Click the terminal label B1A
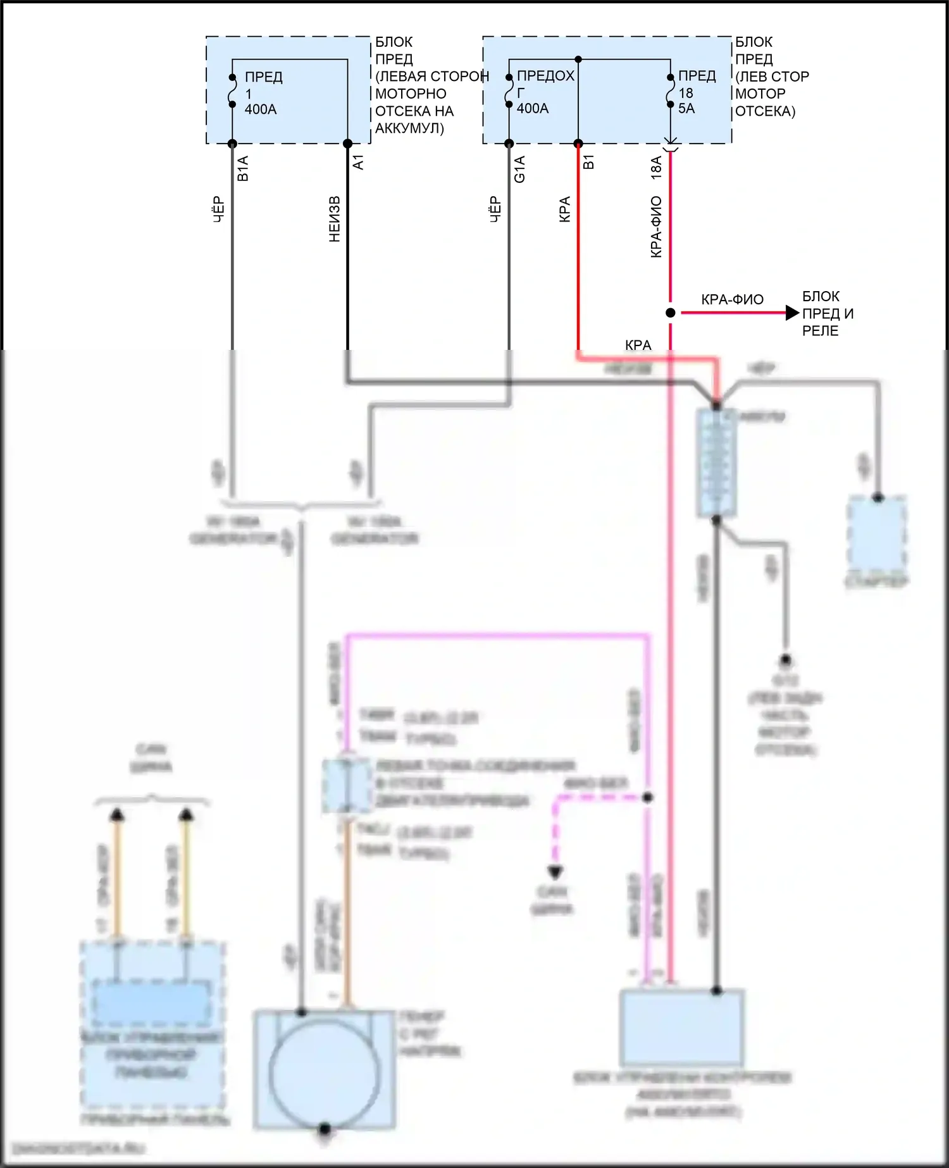point(243,168)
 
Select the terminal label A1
point(358,162)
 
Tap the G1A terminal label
point(520,170)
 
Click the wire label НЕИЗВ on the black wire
point(335,219)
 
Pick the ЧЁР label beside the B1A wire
point(218,209)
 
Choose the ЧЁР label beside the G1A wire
point(495,209)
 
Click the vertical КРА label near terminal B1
point(565,209)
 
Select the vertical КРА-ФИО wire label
point(657,227)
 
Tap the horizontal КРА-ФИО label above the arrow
point(732,299)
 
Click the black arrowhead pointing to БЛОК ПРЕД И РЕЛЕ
point(791,313)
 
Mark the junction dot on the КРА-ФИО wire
point(671,313)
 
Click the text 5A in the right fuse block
point(686,109)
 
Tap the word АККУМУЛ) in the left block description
point(409,128)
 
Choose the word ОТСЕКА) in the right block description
point(765,111)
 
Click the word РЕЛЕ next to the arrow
point(820,331)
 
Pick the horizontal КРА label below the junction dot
point(638,345)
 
